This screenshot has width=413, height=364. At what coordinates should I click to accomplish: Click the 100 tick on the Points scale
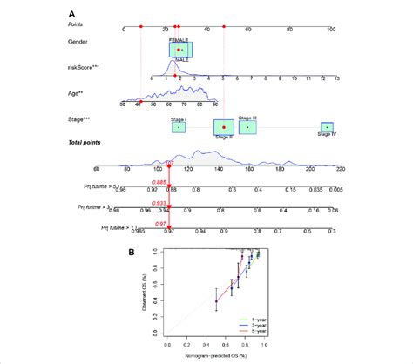click(x=330, y=30)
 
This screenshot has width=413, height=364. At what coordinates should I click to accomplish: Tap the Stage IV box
click(x=326, y=129)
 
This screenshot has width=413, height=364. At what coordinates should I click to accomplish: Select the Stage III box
click(x=247, y=126)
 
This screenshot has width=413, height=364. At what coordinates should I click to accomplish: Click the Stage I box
click(x=178, y=127)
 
